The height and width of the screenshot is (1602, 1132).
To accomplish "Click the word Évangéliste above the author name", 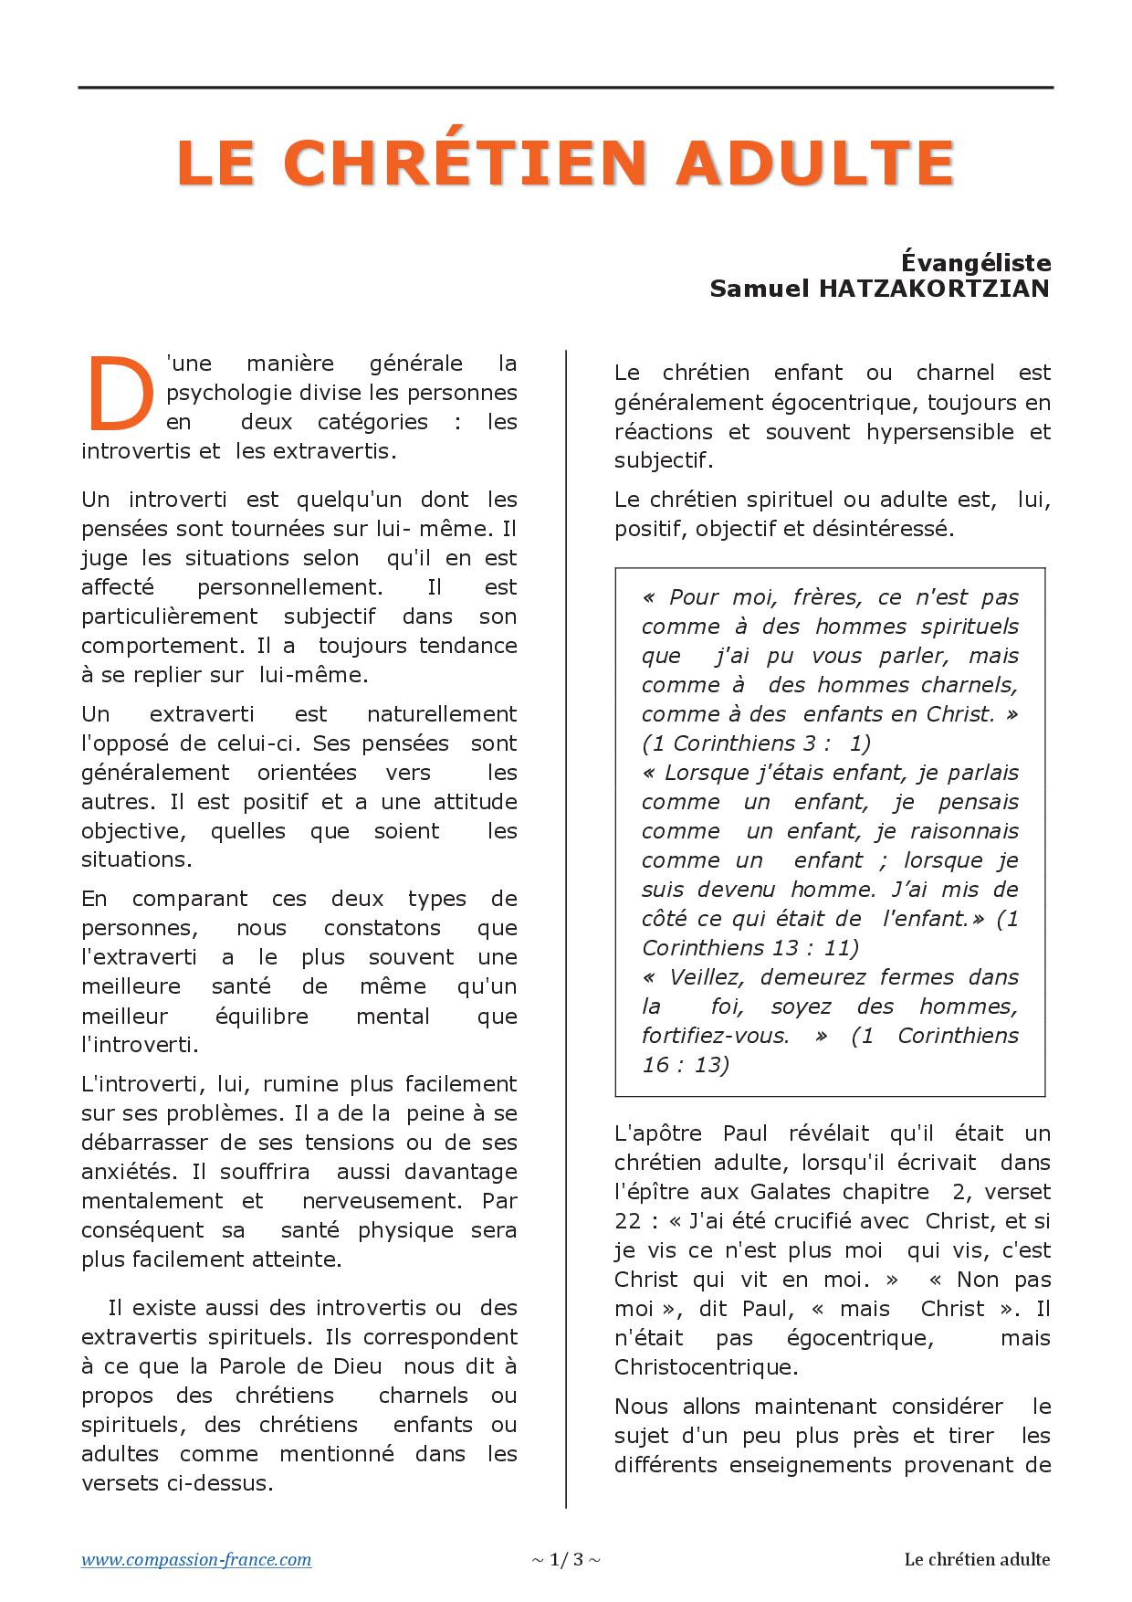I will coord(976,263).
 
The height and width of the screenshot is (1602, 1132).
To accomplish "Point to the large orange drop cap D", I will coord(118,394).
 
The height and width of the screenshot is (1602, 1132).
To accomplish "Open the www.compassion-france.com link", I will coord(196,1559).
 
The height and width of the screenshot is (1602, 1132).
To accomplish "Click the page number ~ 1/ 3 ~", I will coord(566,1559).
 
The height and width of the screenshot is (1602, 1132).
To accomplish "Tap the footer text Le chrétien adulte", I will coord(977,1559).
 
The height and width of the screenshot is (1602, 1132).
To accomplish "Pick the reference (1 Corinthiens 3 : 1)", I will coord(756,743).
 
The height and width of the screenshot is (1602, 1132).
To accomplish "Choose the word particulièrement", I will coord(170,617).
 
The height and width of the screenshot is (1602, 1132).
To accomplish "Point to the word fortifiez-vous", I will coord(716,1036).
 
